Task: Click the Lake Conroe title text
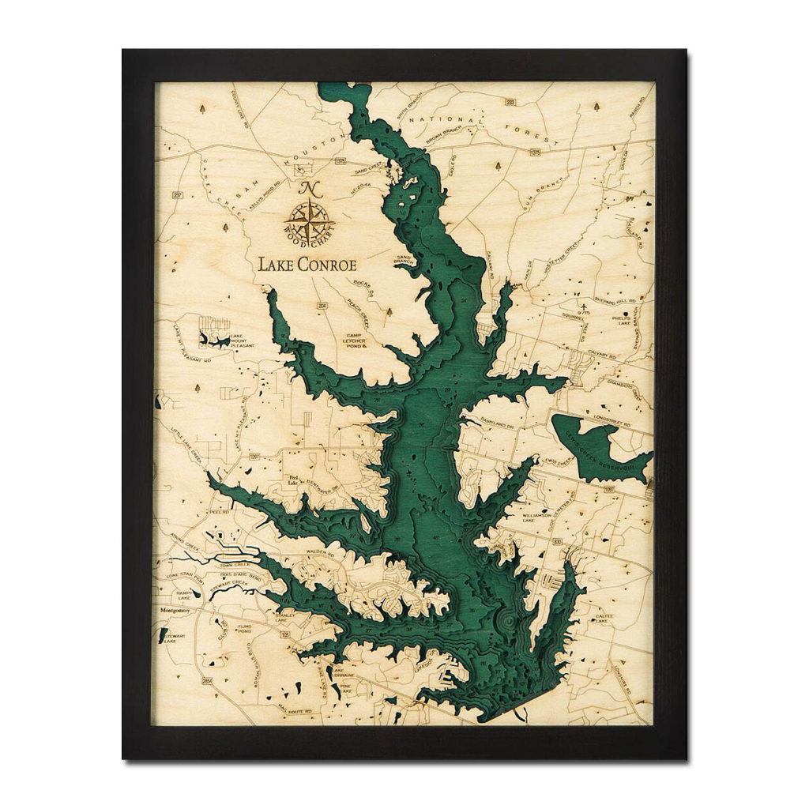pos(307,265)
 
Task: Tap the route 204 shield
pos(322,305)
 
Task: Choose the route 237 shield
pos(178,196)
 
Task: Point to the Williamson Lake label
pos(540,518)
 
